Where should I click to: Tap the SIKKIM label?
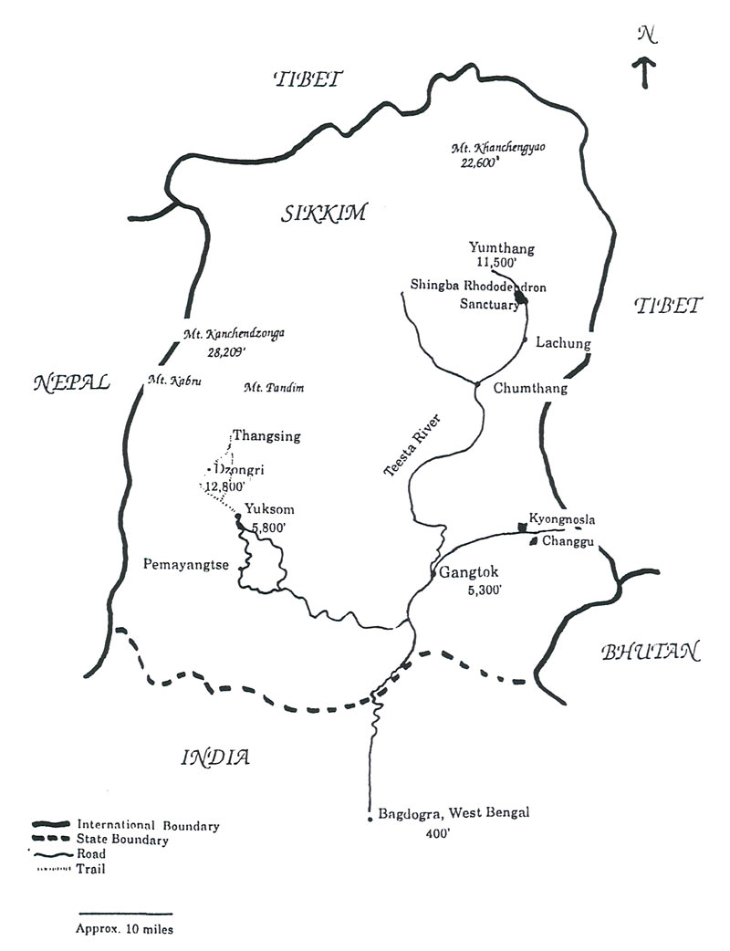[323, 214]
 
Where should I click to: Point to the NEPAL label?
[71, 382]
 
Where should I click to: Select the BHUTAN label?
[650, 652]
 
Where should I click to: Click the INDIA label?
[215, 757]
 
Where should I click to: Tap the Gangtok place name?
[469, 574]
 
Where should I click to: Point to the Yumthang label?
[501, 247]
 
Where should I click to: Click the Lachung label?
[564, 343]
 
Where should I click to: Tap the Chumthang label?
[529, 389]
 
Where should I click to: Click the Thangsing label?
[266, 436]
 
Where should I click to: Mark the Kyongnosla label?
[562, 520]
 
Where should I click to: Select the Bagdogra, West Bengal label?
[453, 813]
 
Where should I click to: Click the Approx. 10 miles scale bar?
[125, 913]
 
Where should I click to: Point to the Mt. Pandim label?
[274, 389]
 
